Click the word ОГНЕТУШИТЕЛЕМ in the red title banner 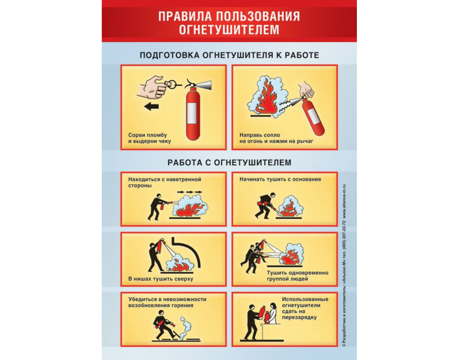(229, 29)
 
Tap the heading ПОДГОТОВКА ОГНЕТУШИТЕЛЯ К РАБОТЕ (229, 55)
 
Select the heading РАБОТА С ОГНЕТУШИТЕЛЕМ (229, 162)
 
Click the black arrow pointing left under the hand (152, 106)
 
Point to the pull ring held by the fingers (172, 84)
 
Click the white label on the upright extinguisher (192, 113)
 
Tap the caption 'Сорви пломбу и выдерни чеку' (150, 138)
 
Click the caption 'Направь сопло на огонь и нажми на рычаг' (276, 138)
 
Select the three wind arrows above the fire (190, 192)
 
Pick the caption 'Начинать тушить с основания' (280, 180)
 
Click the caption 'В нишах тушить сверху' (161, 279)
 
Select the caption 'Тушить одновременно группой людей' (298, 276)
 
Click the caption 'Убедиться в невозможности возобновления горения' (167, 302)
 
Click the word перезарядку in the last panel (300, 317)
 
